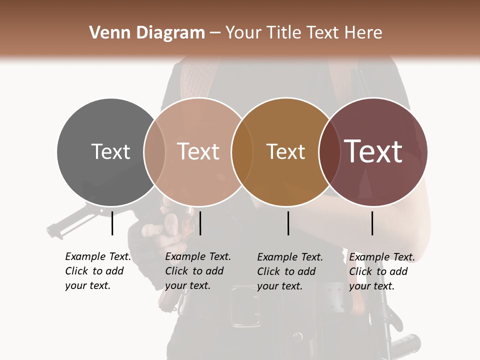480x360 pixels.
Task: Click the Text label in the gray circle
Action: (x=110, y=151)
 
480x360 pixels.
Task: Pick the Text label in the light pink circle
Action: (x=198, y=151)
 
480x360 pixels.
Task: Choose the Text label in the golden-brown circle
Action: (x=285, y=151)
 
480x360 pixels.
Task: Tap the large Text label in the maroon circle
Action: (x=373, y=151)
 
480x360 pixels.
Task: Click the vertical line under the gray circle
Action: (x=112, y=223)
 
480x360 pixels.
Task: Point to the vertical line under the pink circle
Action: (x=200, y=223)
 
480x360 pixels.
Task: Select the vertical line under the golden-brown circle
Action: (x=288, y=223)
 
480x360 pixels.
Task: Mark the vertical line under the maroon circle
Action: (x=372, y=223)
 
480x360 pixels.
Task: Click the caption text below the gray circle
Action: (x=98, y=271)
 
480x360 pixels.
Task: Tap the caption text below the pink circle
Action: (x=198, y=271)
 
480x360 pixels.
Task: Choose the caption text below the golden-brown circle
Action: (x=290, y=271)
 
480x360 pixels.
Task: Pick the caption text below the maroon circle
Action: (x=382, y=271)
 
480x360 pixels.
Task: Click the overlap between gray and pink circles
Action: (x=154, y=152)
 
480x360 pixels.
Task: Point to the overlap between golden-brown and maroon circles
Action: (x=328, y=152)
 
